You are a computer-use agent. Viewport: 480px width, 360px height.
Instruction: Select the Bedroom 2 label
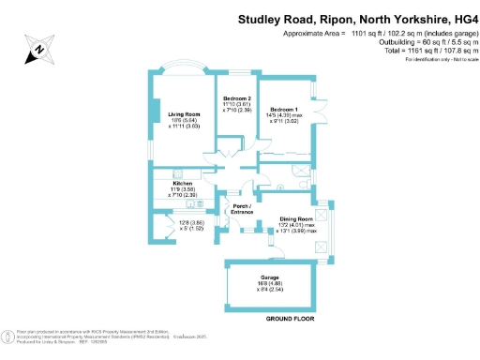tap(236, 98)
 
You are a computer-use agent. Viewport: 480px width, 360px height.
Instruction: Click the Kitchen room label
tap(175, 184)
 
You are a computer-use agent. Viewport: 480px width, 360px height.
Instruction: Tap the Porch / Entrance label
tap(244, 209)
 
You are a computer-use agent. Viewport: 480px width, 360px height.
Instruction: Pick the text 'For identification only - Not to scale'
tap(437, 60)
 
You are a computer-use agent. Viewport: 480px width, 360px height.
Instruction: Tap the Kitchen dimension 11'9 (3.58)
tap(175, 189)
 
